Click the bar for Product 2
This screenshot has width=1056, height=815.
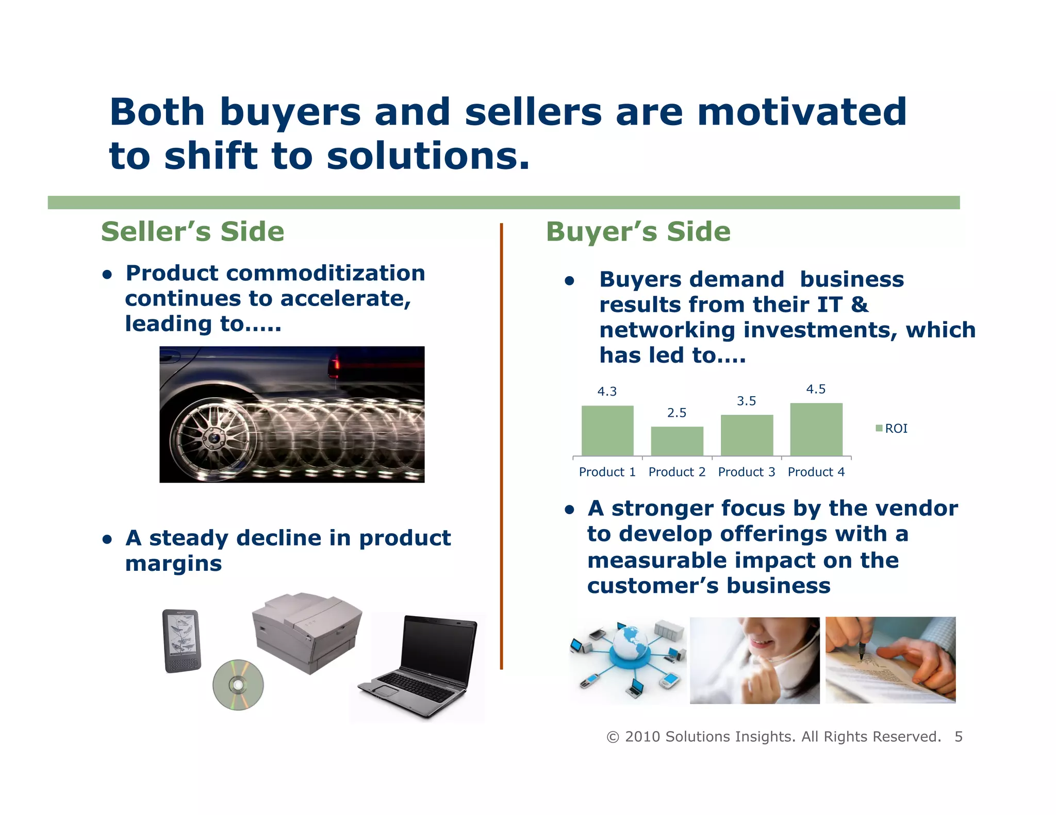pos(676,441)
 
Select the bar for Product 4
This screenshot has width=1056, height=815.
pos(816,430)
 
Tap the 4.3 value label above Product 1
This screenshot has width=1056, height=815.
pos(607,392)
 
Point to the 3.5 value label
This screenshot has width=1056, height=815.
pos(746,401)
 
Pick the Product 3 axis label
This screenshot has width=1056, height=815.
pos(746,472)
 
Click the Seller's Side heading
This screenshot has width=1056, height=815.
pos(192,232)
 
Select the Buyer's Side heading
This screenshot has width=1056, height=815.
pos(638,232)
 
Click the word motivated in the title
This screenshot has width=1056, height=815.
pos(801,112)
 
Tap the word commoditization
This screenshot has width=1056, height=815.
pos(326,273)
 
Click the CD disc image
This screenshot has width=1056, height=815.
pos(238,685)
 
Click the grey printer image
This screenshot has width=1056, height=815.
pos(307,631)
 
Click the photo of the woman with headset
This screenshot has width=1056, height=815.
pos(754,660)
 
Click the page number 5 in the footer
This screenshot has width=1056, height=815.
pos(958,737)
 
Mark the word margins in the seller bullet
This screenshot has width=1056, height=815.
pos(173,564)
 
